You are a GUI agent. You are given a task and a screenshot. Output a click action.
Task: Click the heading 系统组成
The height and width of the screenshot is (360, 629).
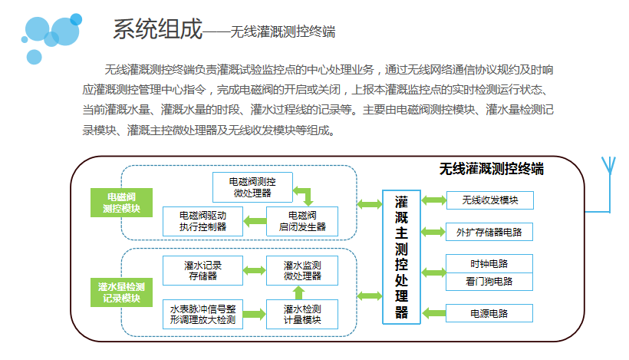(x=157, y=30)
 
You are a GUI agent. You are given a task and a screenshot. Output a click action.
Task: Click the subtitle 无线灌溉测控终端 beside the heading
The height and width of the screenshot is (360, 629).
(x=282, y=32)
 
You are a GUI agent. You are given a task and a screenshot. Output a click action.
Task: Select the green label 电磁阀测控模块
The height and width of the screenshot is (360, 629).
(x=121, y=202)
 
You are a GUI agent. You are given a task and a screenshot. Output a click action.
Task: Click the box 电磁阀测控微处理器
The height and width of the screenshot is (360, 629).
(x=252, y=187)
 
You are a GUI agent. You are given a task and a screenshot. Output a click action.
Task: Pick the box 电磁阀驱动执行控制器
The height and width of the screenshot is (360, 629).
(x=203, y=220)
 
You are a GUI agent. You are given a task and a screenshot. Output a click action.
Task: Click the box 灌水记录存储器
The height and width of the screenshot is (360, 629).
(x=203, y=270)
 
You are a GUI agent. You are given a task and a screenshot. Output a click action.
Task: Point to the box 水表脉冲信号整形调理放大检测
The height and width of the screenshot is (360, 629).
(x=203, y=314)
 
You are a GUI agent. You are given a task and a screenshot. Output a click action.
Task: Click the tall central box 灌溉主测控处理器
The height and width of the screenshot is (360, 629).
(x=401, y=257)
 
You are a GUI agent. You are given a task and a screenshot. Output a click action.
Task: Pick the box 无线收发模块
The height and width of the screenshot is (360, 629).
(x=489, y=200)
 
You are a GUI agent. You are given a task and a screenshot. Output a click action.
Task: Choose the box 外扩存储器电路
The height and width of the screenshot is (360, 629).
(x=489, y=231)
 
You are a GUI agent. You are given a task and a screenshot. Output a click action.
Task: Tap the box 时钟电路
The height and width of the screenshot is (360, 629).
(x=489, y=263)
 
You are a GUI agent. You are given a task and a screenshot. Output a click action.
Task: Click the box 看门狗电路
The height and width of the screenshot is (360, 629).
(x=489, y=282)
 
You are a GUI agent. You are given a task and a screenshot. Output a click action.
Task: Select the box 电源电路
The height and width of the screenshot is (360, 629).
(x=489, y=313)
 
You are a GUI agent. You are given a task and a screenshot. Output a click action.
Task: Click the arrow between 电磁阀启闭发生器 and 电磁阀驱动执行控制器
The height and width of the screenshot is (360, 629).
(x=253, y=222)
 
